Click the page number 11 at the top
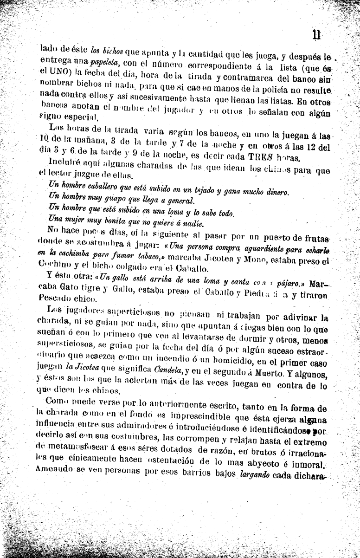coord(317,34)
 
